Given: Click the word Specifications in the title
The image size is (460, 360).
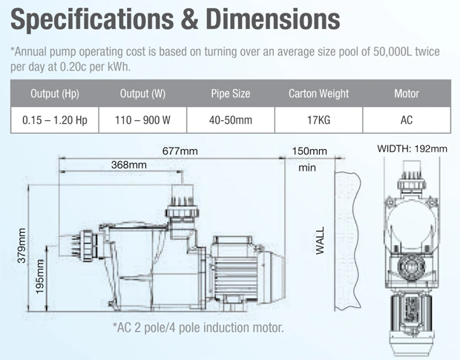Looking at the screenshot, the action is click(92, 19).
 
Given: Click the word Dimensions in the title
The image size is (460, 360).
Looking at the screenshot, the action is click(273, 19).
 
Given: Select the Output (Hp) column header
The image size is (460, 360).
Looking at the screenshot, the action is click(55, 94).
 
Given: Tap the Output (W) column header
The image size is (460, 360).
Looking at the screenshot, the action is click(143, 94).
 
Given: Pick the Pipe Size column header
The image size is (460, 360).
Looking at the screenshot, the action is click(231, 94).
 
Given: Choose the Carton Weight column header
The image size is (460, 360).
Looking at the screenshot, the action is click(318, 94).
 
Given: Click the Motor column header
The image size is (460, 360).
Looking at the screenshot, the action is click(407, 94).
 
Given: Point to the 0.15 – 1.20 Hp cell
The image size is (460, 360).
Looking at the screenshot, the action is click(55, 120).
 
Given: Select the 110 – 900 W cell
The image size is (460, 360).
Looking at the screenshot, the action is click(142, 120).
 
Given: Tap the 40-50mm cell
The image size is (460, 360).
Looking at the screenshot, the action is click(231, 120).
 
